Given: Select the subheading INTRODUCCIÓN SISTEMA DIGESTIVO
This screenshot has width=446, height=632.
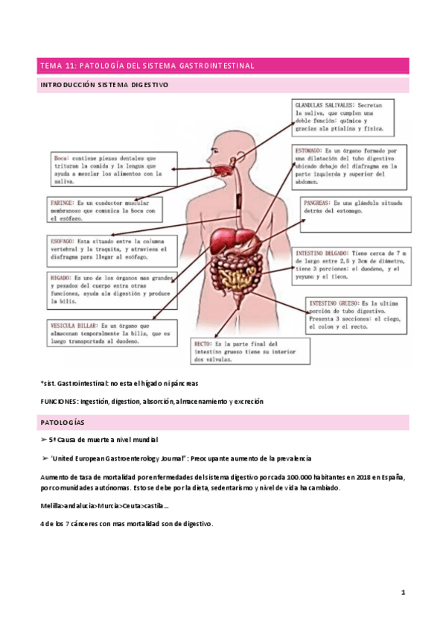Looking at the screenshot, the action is pos(104,85).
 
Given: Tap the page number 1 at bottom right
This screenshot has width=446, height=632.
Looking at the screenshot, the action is pos(402,592).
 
